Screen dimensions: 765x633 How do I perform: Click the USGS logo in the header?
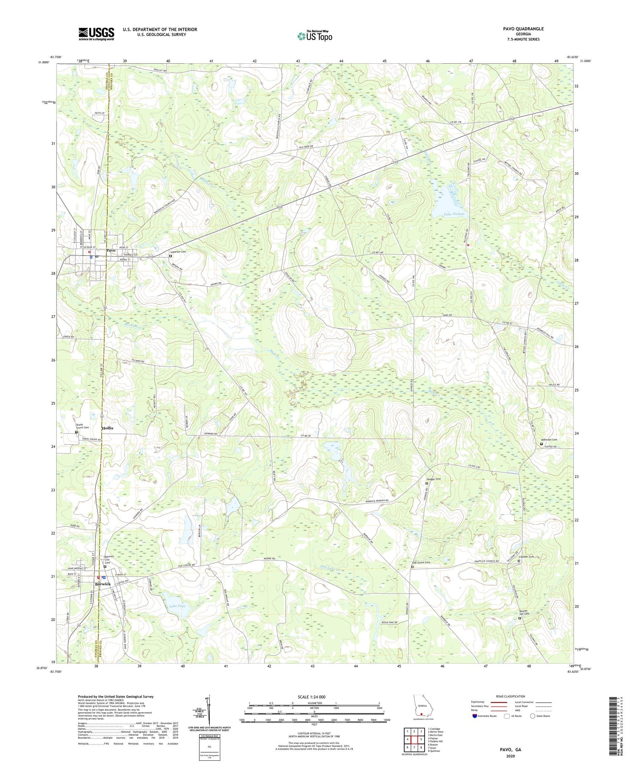(96, 34)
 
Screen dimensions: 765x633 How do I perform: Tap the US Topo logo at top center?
(314, 36)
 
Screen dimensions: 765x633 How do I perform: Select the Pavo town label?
(111, 251)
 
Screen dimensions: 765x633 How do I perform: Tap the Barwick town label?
(103, 584)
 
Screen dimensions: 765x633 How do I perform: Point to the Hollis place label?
(108, 428)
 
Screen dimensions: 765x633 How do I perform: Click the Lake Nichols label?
(454, 214)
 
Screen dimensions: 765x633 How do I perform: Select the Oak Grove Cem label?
(421, 562)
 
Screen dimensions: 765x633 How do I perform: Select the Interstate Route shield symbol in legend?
(474, 716)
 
